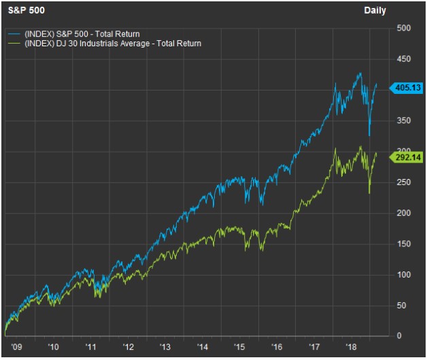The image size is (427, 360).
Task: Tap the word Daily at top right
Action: (x=375, y=10)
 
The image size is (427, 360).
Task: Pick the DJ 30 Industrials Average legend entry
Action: (x=113, y=43)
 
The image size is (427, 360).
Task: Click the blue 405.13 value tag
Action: (x=408, y=88)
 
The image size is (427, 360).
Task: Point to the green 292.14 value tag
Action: (x=408, y=157)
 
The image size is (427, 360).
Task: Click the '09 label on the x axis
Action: (x=15, y=346)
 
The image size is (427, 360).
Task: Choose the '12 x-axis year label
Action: (x=129, y=346)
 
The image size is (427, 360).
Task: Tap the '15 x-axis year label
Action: (x=239, y=346)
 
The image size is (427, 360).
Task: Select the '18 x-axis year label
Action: (x=352, y=346)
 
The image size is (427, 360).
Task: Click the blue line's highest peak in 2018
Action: (x=360, y=73)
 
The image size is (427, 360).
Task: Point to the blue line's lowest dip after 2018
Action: (x=369, y=135)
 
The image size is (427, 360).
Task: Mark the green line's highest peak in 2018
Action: (x=360, y=146)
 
